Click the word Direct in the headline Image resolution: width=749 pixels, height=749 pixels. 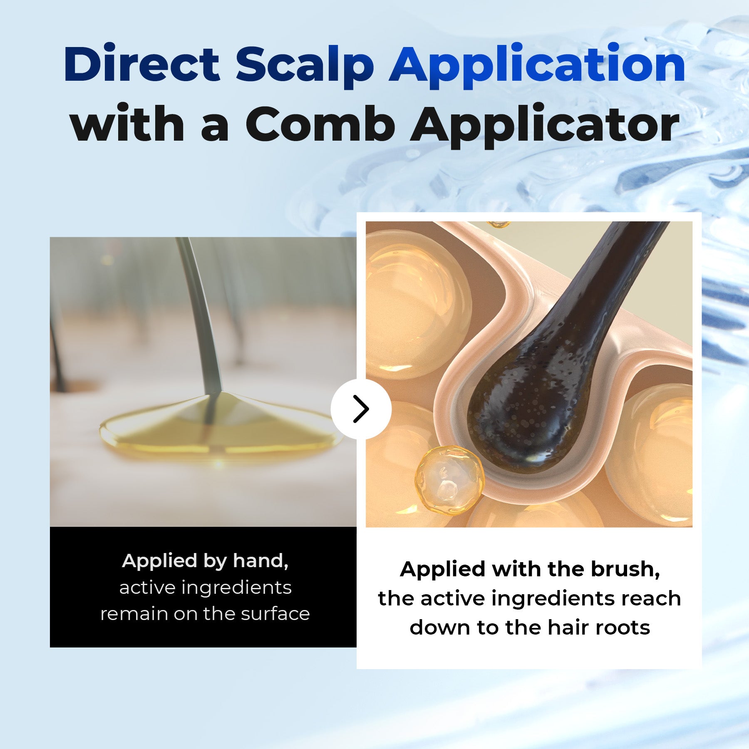tap(141, 64)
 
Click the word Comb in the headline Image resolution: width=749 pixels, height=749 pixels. tap(320, 124)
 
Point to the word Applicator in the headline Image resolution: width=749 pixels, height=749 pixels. tap(545, 124)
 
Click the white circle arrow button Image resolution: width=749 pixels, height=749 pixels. tap(361, 409)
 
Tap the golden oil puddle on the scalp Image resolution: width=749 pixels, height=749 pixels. tap(216, 433)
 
